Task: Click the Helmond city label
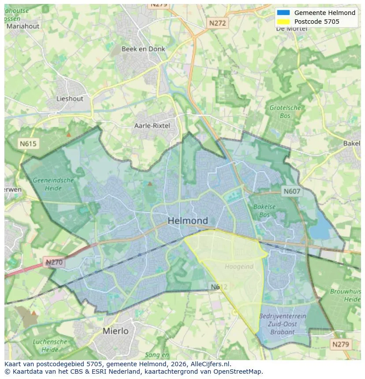pos(188,221)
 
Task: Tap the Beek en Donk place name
pos(143,49)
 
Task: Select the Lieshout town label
pos(70,99)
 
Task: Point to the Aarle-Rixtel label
pos(152,125)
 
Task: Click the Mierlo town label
pos(115,331)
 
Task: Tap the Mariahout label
pos(22,26)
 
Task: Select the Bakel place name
pos(351,144)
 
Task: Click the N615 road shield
pos(28,144)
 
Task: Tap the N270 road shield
pos(54,263)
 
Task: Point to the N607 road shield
pos(291,191)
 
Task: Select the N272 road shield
pos(217,23)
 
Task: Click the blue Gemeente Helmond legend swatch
pos(283,13)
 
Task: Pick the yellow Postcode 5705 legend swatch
pos(283,22)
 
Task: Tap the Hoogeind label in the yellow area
pos(239,266)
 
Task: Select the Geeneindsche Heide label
pos(53,184)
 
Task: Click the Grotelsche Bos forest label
pos(285,111)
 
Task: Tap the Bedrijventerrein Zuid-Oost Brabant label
pos(283,324)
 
